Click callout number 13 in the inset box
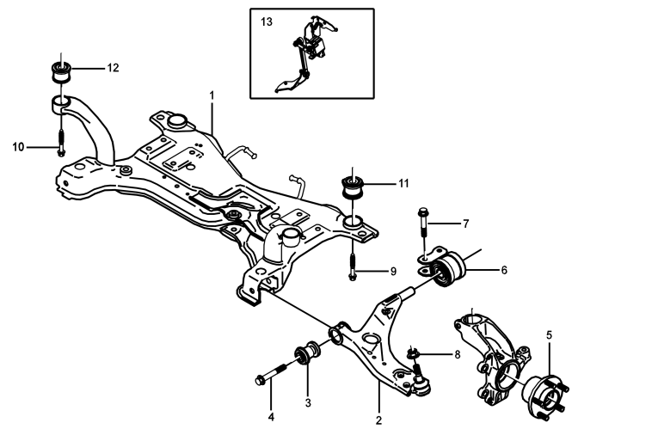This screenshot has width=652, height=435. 267,21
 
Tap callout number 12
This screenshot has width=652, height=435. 113,68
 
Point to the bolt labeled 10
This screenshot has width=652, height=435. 61,142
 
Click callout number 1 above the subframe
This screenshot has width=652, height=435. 212,95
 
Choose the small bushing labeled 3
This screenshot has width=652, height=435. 307,352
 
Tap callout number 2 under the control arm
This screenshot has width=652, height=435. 378,420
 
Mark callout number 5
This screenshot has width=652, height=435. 549,335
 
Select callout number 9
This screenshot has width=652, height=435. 393,272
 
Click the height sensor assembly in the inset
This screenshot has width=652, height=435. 306,54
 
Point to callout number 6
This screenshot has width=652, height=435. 504,270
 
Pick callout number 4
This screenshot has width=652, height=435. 271,417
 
